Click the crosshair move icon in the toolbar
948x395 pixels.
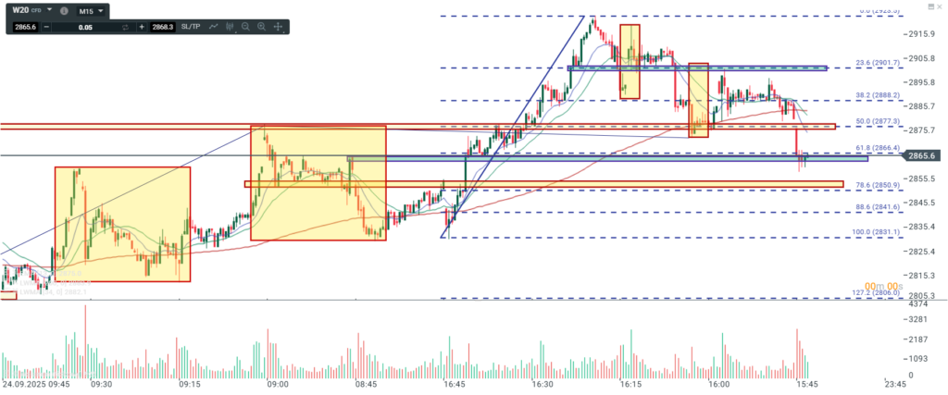pyautogui.click(x=278, y=28)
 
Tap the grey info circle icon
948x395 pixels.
pyautogui.click(x=63, y=11)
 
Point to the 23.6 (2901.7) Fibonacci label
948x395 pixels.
pyautogui.click(x=877, y=63)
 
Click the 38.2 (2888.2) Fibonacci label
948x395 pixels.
pyautogui.click(x=877, y=94)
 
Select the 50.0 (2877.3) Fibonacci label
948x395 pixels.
pyautogui.click(x=877, y=121)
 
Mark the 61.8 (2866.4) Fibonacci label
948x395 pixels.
pyautogui.click(x=877, y=148)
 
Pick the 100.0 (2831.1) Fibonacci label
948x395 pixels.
pyautogui.click(x=876, y=233)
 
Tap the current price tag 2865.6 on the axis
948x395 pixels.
pyautogui.click(x=926, y=156)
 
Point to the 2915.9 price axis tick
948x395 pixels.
pyautogui.click(x=925, y=34)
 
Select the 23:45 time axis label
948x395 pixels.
pyautogui.click(x=894, y=383)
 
